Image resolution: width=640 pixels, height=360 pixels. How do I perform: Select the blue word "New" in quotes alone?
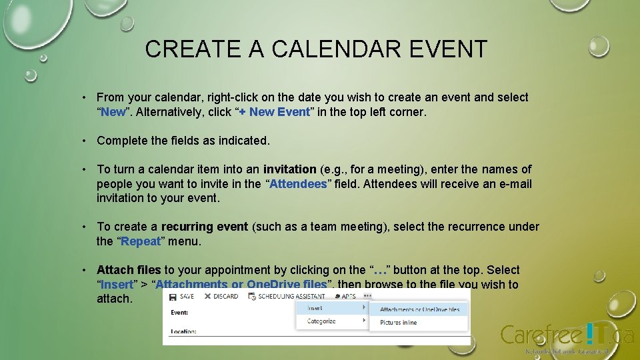[113, 112]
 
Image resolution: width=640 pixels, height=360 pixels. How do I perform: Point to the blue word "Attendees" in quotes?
[297, 184]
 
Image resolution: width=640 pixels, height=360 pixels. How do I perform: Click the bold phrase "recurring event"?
[204, 227]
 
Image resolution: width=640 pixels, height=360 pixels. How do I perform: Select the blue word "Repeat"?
[141, 241]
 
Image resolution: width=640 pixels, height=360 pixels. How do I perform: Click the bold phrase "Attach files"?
[129, 270]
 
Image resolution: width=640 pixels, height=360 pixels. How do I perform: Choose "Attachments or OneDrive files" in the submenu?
[419, 309]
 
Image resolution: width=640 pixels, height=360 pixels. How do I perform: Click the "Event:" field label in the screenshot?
[179, 312]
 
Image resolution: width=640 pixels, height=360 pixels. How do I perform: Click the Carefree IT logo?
[567, 335]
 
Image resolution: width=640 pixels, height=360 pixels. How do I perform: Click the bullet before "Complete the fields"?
[84, 141]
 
